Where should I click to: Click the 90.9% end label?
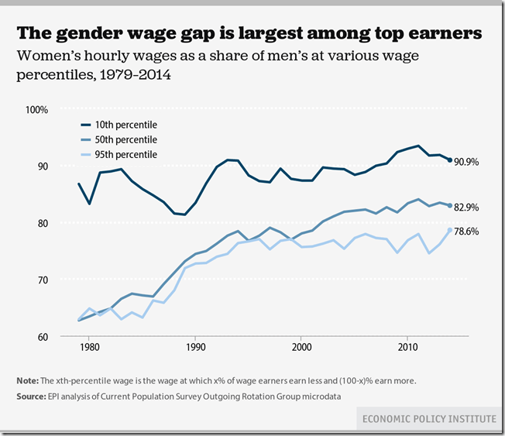coord(467,161)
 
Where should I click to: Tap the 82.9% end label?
coord(467,208)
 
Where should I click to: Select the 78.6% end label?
coord(467,231)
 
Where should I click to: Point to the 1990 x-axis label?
coord(195,348)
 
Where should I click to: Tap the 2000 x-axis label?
coord(301,348)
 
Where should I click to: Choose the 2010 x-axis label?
coord(407,348)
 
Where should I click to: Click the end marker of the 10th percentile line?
coord(450,160)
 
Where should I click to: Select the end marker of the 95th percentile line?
coord(450,230)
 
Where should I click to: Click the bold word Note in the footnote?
coord(27,381)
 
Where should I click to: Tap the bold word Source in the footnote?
coord(32,396)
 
